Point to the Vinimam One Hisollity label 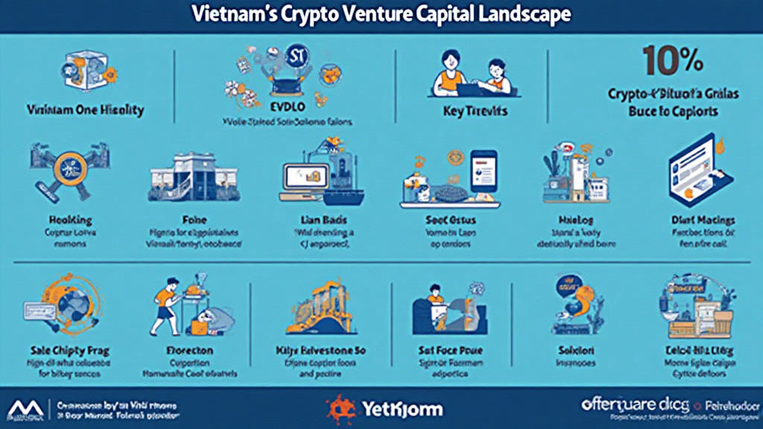coord(85,110)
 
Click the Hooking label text coord(70,220)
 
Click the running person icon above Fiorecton coord(168,300)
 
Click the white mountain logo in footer coord(26,408)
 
